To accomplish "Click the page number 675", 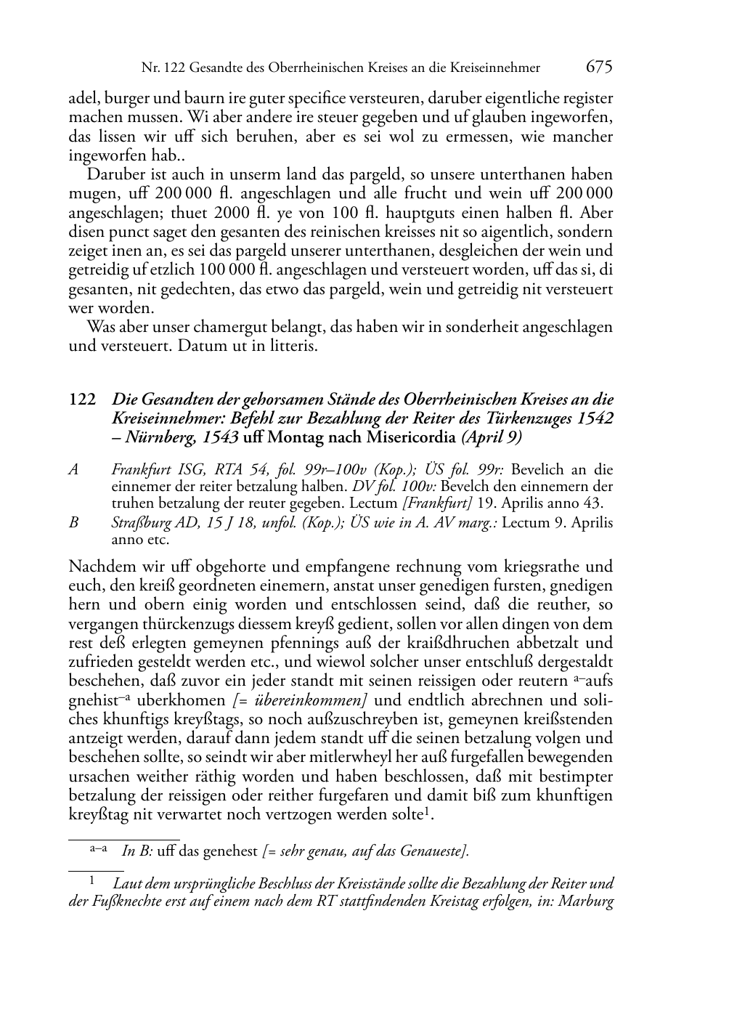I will pyautogui.click(x=599, y=67).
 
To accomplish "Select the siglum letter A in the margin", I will pyautogui.click(x=73, y=469).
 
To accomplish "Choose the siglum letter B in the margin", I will pyautogui.click(x=73, y=523).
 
